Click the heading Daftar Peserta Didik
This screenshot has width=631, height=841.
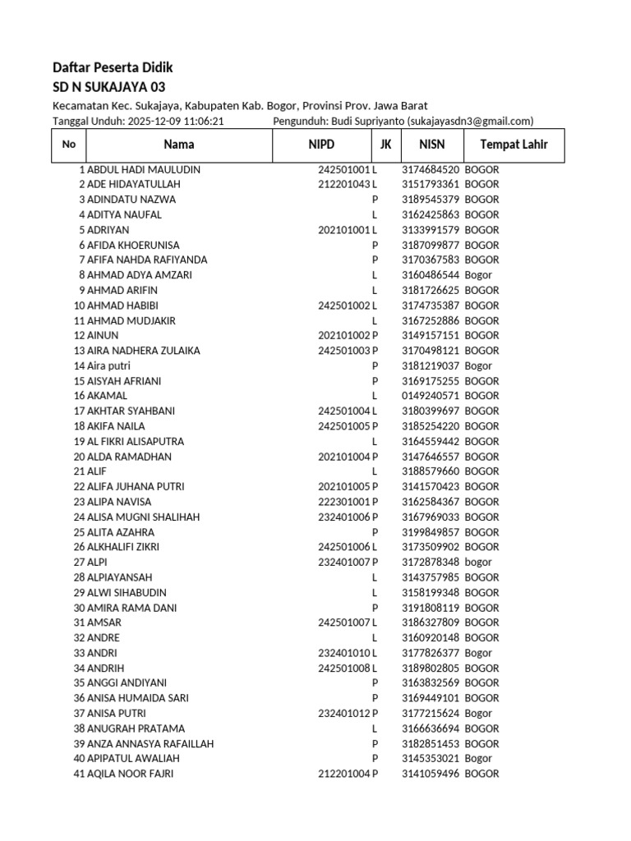click(113, 67)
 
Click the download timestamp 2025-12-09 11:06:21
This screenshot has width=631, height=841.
click(176, 121)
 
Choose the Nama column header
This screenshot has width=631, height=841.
click(179, 145)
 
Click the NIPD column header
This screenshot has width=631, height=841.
click(322, 145)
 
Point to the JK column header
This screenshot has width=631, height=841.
click(385, 145)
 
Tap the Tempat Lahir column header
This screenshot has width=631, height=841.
click(514, 145)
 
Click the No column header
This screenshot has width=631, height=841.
click(69, 145)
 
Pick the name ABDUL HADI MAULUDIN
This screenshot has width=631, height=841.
click(144, 169)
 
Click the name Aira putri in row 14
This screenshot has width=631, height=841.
click(109, 365)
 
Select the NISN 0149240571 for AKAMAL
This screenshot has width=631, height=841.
click(431, 396)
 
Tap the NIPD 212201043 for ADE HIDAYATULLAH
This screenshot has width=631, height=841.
click(344, 184)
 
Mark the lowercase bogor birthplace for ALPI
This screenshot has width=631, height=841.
click(478, 562)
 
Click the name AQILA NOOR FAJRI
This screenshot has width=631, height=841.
click(131, 774)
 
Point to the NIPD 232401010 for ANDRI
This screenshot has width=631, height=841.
click(344, 653)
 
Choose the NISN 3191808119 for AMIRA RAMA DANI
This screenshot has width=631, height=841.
click(431, 608)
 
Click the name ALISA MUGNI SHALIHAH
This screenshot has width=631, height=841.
click(144, 517)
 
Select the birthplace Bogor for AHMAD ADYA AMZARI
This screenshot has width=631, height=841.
click(478, 275)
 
